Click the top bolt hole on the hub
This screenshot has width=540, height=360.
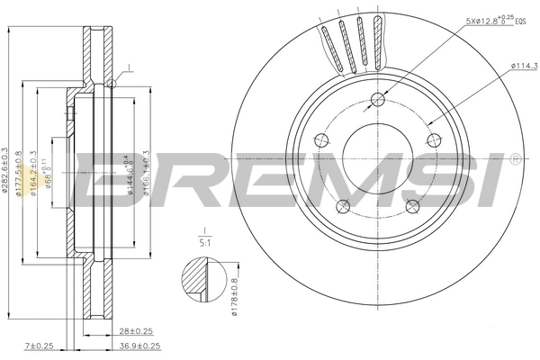[x=378, y=100]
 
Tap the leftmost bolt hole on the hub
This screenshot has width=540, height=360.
[x=320, y=139]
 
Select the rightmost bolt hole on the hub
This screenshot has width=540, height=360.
[x=435, y=139]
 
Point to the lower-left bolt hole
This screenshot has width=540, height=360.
[x=342, y=207]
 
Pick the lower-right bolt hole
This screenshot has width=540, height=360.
[x=413, y=207]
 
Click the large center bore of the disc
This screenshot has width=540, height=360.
[x=377, y=154]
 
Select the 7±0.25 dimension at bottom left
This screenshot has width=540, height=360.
[x=40, y=346]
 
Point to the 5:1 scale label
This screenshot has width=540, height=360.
[x=205, y=241]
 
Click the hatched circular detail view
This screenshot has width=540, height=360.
[x=201, y=281]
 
